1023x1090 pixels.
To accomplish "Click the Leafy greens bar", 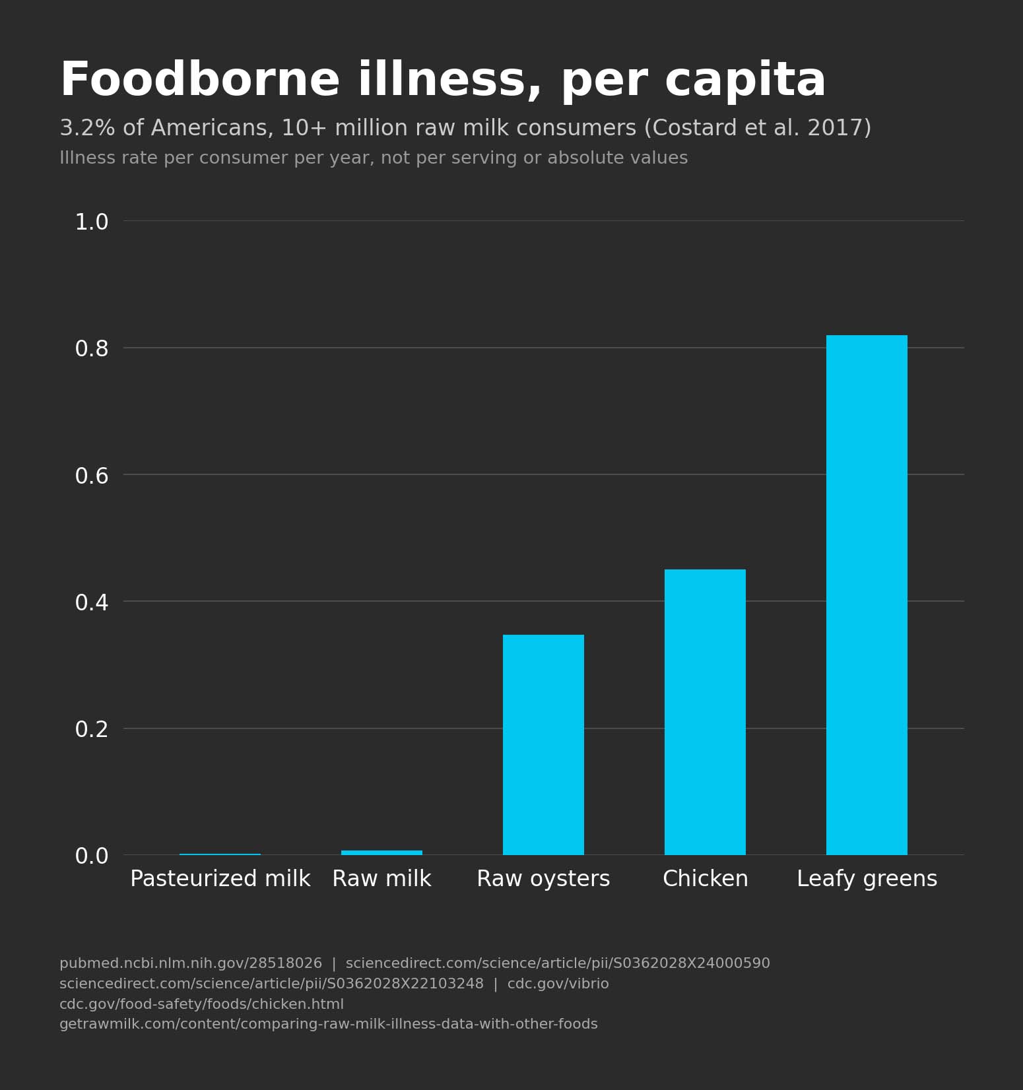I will click(x=867, y=594).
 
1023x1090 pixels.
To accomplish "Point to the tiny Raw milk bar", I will click(x=381, y=852).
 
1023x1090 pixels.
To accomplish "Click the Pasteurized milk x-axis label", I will click(x=220, y=879).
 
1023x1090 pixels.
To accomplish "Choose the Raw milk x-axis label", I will click(x=381, y=879).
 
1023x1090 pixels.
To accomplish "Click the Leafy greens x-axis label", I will click(x=867, y=879).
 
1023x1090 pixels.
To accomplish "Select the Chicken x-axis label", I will click(x=705, y=879).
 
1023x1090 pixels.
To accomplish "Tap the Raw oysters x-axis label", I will click(x=543, y=879).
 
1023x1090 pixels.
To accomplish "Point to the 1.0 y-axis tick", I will click(x=92, y=222).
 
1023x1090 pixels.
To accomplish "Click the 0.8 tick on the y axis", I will click(x=92, y=348).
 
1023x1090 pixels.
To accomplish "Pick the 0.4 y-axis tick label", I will click(x=92, y=602).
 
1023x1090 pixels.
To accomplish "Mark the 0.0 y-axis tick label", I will click(x=92, y=856).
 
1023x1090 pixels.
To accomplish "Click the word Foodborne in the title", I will click(x=199, y=80).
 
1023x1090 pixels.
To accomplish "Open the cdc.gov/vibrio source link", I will click(x=558, y=984).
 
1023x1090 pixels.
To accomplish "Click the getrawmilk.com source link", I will click(x=328, y=1024).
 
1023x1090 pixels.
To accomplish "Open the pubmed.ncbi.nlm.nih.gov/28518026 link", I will click(x=190, y=963).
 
